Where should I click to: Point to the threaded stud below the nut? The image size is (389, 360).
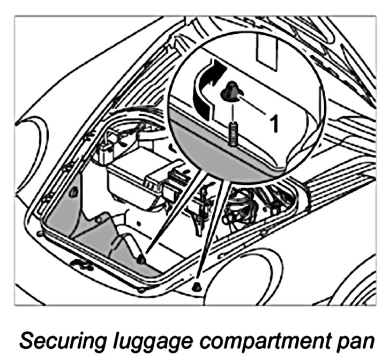click(234, 132)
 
